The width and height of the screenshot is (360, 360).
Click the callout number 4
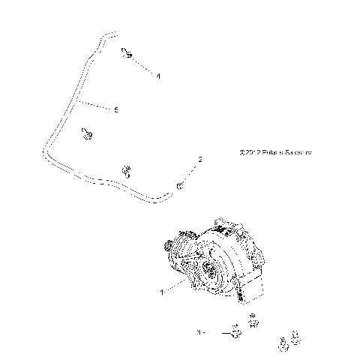coord(158,76)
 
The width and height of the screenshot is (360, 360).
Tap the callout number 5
coord(116,110)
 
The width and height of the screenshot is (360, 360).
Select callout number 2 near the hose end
coord(200,159)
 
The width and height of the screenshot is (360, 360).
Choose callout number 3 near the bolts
coord(199,331)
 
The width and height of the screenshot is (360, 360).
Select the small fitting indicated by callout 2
coord(181,184)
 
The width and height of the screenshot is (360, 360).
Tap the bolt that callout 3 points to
coord(233,330)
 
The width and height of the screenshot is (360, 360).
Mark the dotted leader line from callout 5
coord(96,104)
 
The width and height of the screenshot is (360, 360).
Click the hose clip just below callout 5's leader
coord(86,133)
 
